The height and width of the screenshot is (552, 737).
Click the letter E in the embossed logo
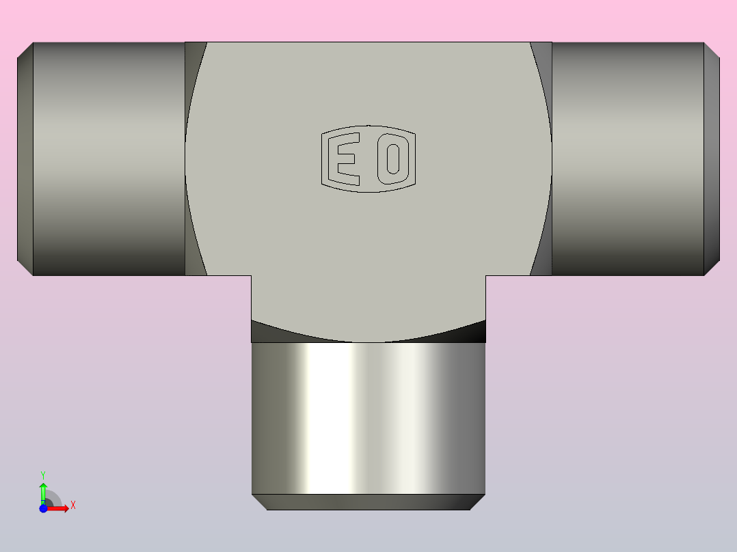346,158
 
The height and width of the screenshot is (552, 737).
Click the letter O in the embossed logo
392,158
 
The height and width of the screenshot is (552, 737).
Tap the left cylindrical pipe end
109,158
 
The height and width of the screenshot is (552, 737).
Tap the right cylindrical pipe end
628,158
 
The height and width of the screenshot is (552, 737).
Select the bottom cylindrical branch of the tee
368,417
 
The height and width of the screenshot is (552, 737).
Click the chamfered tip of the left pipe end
25,158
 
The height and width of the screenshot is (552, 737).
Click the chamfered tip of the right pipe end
712,158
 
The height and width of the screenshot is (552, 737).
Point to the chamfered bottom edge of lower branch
368,502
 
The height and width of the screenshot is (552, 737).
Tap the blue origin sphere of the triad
43,508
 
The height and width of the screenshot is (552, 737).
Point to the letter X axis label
73,506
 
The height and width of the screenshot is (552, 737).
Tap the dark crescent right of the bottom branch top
472,332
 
